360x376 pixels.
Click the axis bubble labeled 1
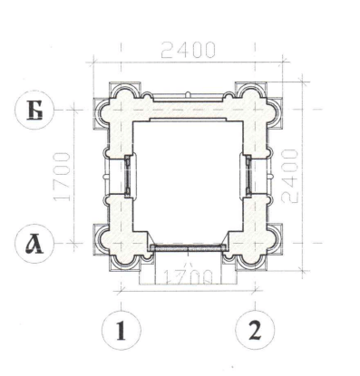[x=122, y=330]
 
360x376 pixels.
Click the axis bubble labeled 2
[x=255, y=330]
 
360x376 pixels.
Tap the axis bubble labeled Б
[x=34, y=111]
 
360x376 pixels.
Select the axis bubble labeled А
[x=34, y=244]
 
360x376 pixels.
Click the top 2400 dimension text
[x=188, y=50]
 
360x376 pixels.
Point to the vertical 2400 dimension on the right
[x=290, y=176]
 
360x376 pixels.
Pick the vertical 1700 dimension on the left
[x=62, y=177]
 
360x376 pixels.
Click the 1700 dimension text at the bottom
[x=188, y=277]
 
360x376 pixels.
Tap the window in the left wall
[x=128, y=176]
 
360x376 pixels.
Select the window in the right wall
[x=248, y=176]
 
